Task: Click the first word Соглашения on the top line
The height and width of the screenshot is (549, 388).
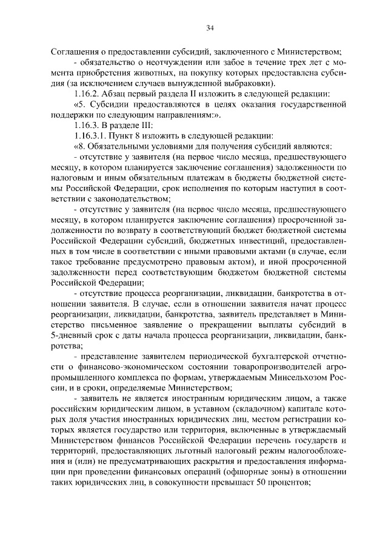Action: pos(72,51)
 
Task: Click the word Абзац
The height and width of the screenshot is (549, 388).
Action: pos(116,93)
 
